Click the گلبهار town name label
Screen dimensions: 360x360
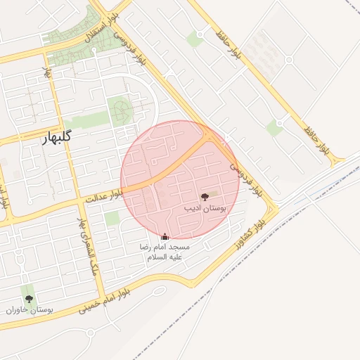coord(48,139)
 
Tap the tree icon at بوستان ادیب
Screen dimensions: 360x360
coord(205,198)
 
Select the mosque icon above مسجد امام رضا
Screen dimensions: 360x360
coord(165,237)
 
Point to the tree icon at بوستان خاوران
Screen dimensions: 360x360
coord(29,299)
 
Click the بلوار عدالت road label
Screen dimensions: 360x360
coord(99,198)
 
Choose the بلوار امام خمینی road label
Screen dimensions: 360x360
coord(103,299)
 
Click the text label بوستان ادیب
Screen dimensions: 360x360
coord(204,209)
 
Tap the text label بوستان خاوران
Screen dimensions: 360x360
coord(30,310)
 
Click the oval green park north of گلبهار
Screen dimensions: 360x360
coord(120,111)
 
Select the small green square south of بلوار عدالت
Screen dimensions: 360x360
coord(112,219)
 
